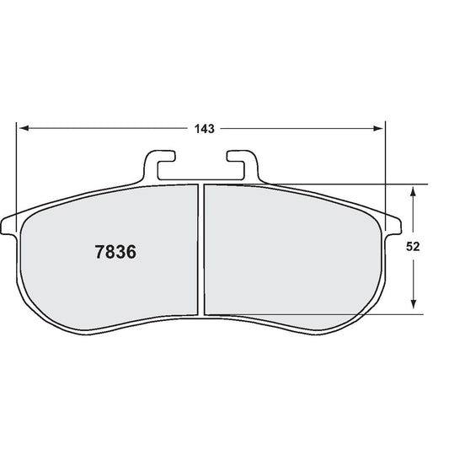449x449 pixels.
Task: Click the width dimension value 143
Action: [202, 129]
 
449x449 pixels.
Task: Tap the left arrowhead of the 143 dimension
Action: [24, 129]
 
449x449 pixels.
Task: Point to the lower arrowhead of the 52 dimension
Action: [412, 308]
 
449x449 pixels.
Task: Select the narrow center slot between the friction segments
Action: [201, 249]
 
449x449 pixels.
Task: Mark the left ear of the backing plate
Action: [10, 226]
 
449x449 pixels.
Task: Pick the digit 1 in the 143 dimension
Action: [195, 129]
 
